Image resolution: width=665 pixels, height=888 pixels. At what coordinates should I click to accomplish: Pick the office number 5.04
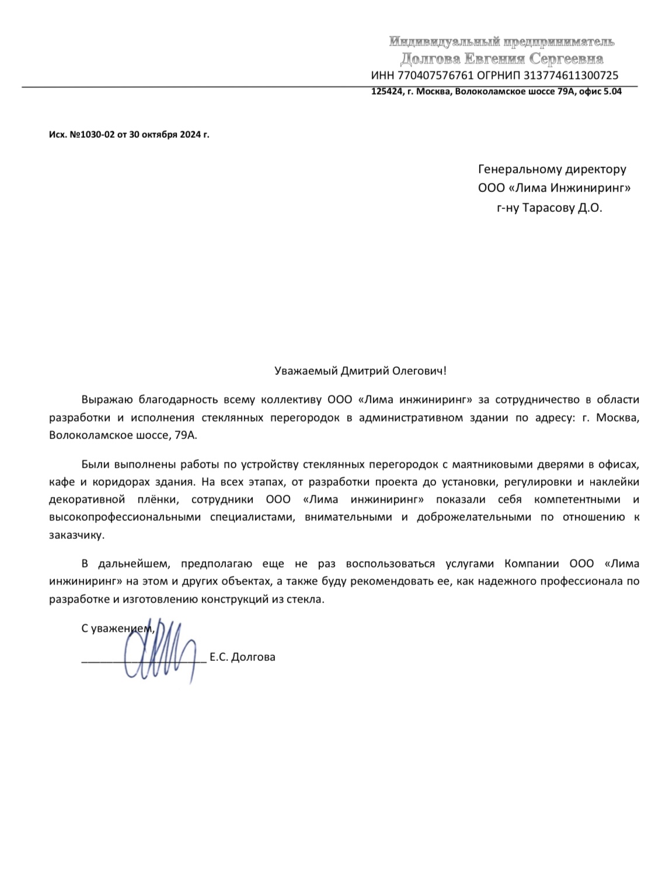pos(612,92)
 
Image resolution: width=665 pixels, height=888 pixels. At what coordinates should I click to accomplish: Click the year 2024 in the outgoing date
pos(190,134)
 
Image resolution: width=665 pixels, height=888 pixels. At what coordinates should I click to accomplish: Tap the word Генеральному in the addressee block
pos(515,169)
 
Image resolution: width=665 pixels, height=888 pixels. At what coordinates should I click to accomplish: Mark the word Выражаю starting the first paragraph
pos(106,400)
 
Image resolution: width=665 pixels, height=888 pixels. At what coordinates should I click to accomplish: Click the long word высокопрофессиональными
pos(125,517)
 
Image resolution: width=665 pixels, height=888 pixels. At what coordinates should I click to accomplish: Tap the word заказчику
pos(76,535)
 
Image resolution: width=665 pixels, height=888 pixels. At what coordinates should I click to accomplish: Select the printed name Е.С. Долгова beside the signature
pos(242,657)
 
